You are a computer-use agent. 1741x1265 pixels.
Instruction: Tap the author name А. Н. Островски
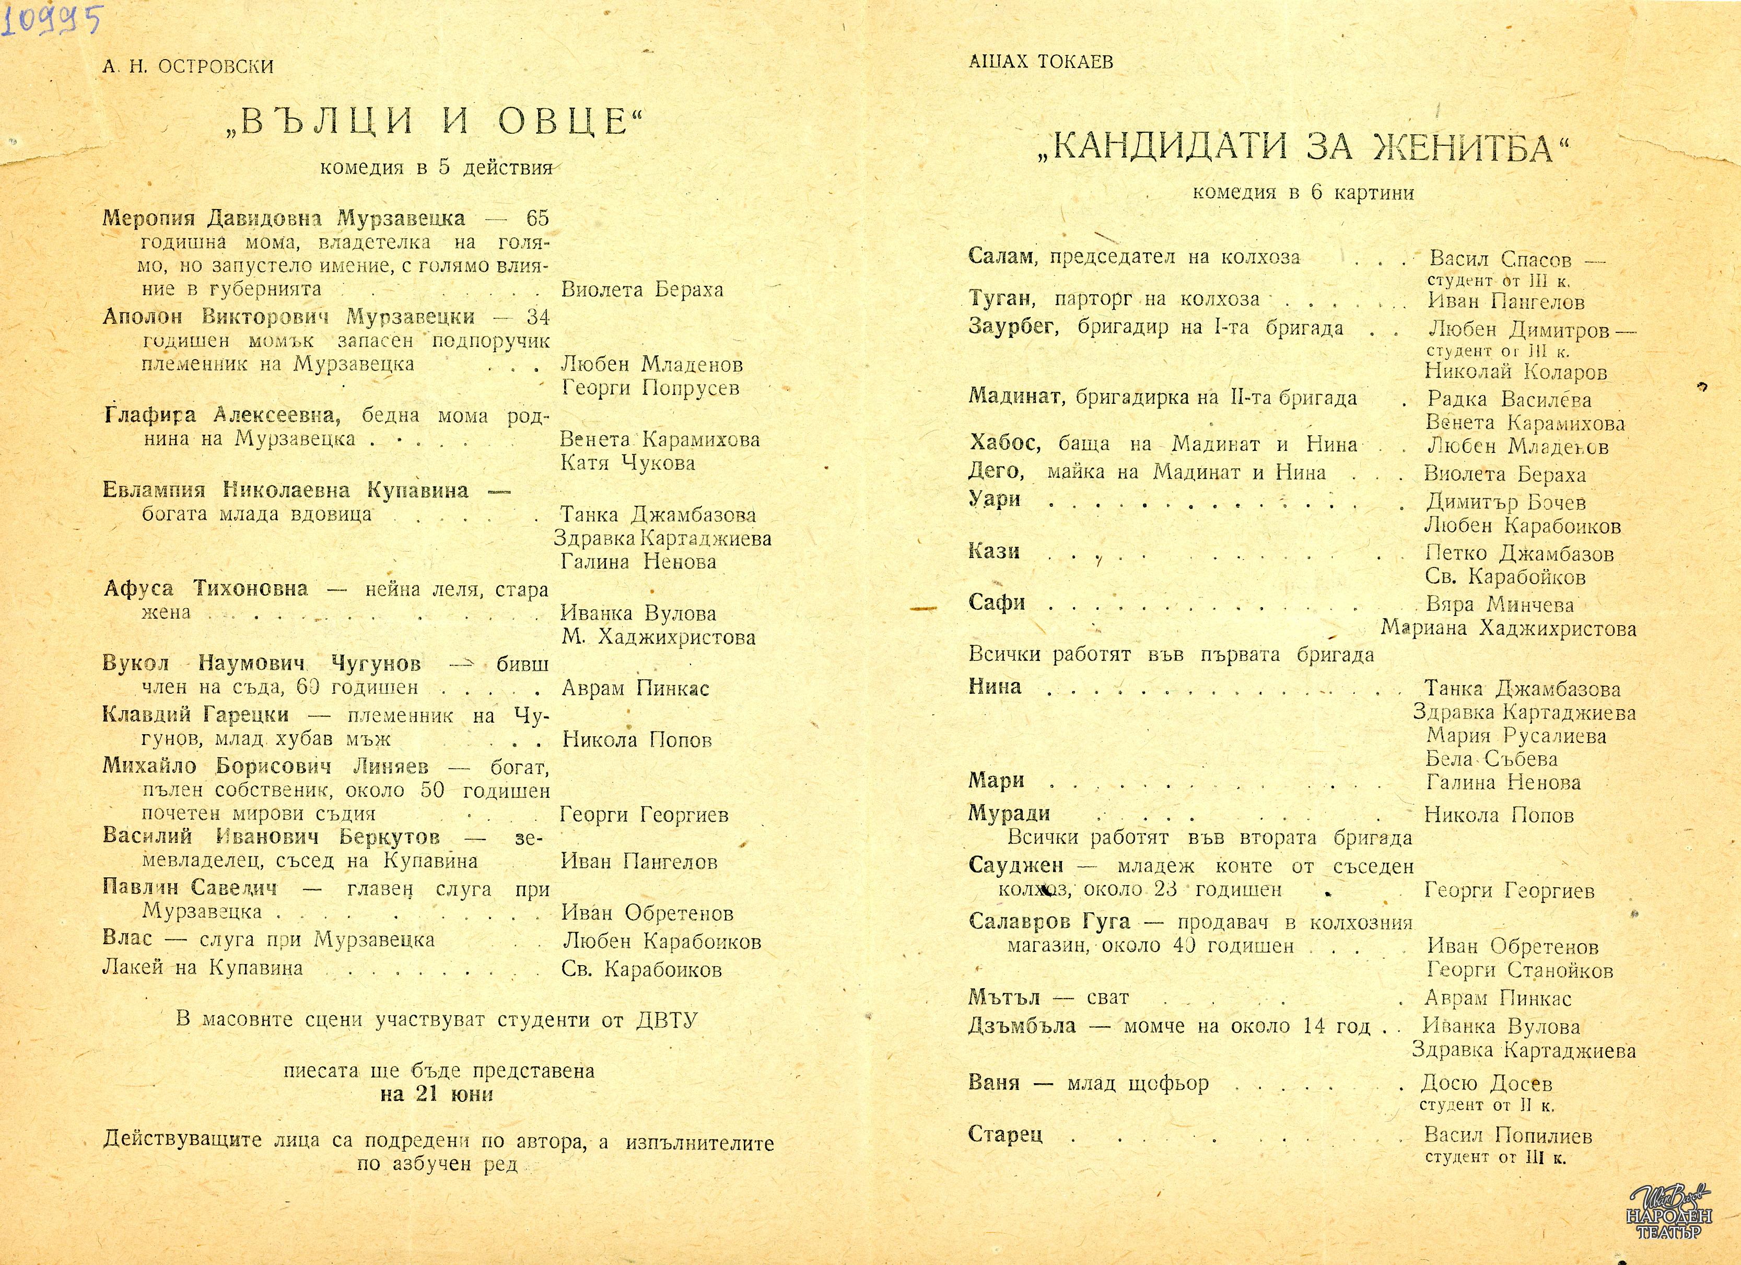pos(188,67)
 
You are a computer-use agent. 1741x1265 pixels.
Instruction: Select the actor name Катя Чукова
pos(628,463)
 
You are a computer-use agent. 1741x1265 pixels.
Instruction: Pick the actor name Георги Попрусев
pos(650,388)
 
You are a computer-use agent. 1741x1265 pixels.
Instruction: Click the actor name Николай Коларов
pos(1516,373)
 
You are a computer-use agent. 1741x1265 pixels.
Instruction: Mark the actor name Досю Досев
pos(1487,1084)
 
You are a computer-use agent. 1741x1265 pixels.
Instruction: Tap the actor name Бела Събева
pos(1492,759)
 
